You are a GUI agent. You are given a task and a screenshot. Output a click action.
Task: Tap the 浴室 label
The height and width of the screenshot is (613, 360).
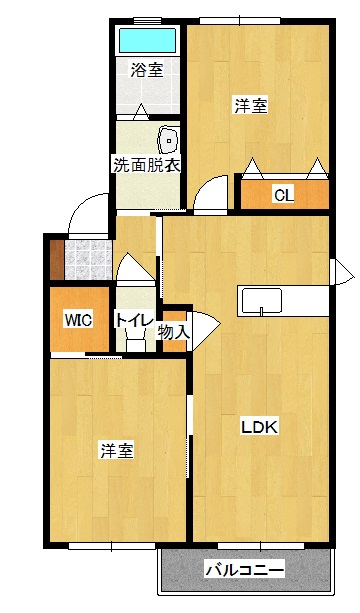click(147, 70)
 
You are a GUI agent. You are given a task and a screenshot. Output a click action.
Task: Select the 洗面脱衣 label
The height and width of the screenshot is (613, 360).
click(146, 165)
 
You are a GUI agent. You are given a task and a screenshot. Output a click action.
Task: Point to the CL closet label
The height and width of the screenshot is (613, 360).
click(284, 195)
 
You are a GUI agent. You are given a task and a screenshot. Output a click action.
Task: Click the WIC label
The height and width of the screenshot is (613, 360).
click(78, 320)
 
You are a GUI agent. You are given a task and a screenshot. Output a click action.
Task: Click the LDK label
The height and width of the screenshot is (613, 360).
click(259, 427)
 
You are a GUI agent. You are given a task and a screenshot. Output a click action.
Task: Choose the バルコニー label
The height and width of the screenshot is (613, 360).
click(245, 571)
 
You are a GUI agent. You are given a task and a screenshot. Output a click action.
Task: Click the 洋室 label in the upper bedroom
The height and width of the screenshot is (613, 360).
click(251, 105)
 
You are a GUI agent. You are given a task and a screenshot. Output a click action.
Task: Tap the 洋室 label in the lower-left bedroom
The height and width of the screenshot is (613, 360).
click(116, 450)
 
